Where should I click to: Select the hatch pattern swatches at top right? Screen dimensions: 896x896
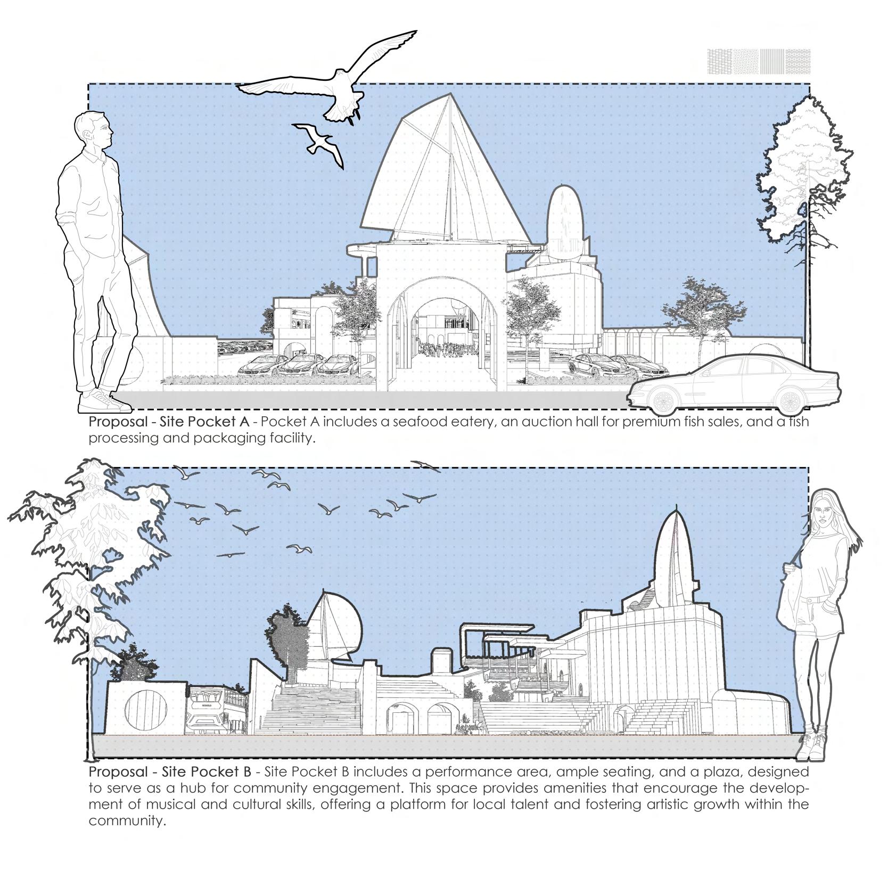click(x=758, y=61)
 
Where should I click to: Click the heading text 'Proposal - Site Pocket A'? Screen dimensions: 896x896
click(x=169, y=422)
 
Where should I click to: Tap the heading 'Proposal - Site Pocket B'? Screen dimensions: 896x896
click(x=169, y=771)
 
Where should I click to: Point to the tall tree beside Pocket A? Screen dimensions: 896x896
click(x=804, y=176)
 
